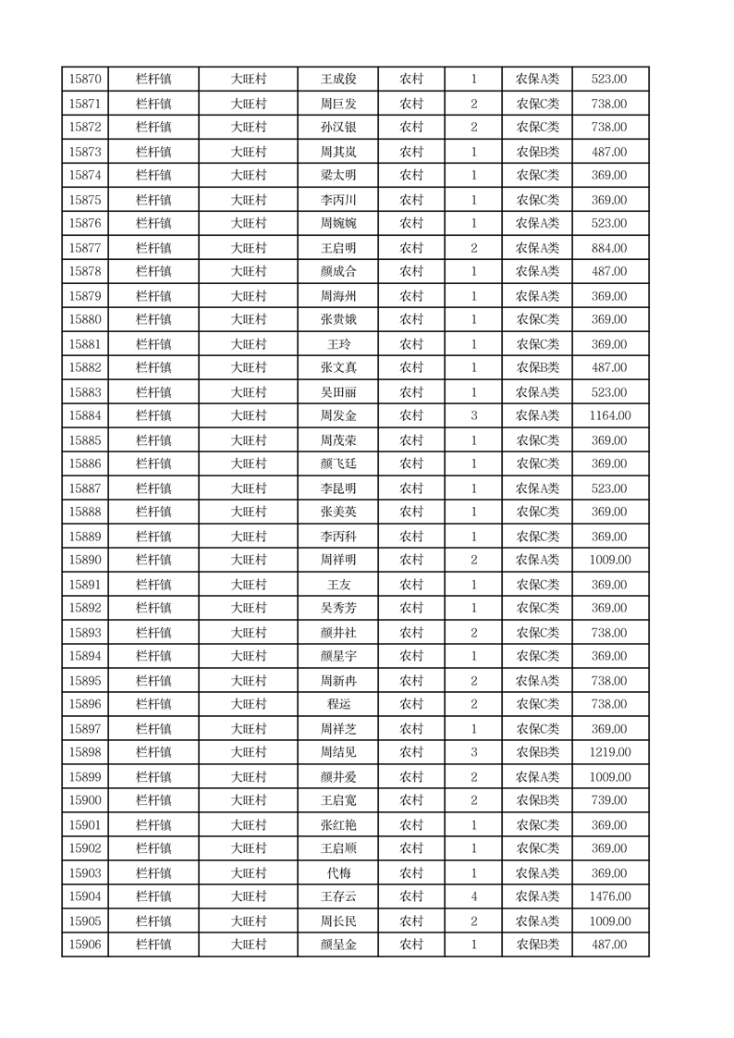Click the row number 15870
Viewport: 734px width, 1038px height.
tap(85, 80)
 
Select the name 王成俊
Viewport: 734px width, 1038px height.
tap(337, 80)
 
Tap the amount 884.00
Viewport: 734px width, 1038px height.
tap(609, 248)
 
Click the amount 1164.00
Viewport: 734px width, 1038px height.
tap(610, 416)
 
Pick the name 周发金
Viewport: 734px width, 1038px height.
tap(337, 416)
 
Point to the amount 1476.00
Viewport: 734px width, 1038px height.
tap(610, 896)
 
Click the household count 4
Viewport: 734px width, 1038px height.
tap(474, 896)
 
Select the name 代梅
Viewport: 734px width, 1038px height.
tap(337, 872)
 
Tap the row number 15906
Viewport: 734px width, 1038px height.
tap(85, 945)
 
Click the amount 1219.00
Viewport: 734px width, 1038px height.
tap(610, 752)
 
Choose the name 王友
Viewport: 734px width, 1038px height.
tap(337, 585)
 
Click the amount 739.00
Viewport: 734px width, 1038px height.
tap(609, 800)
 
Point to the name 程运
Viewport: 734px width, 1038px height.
tap(337, 704)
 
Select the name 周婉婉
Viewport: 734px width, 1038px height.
tap(337, 223)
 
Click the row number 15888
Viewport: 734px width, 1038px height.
tap(85, 512)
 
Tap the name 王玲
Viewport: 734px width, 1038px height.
tap(337, 344)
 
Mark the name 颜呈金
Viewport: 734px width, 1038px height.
tap(337, 945)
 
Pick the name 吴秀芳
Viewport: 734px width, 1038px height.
tap(337, 608)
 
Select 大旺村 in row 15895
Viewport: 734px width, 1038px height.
tap(249, 681)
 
